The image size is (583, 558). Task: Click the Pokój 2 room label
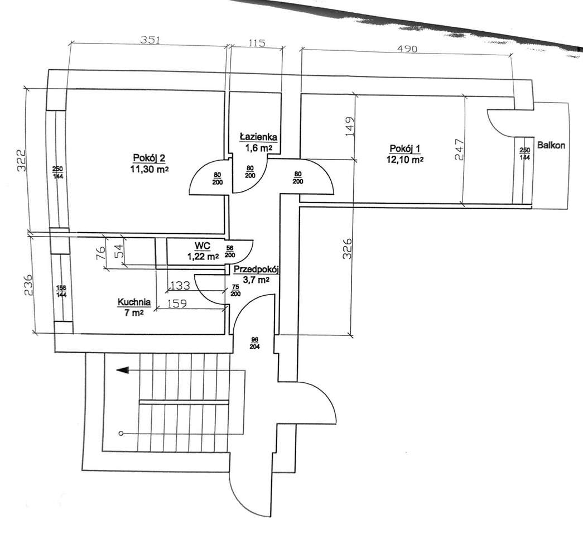[149, 158]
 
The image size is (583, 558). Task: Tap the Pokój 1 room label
[405, 149]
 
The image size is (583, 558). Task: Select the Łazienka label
[258, 137]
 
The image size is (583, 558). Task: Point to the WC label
[203, 246]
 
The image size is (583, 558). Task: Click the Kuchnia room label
[134, 302]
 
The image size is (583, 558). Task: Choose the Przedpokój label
[257, 270]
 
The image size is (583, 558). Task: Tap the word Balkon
[551, 145]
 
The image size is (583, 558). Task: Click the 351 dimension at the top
[150, 40]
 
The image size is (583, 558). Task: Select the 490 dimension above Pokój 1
[407, 49]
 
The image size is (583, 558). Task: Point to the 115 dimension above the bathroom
[257, 43]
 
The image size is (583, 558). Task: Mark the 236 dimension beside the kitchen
[28, 285]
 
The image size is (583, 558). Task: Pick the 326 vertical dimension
[346, 248]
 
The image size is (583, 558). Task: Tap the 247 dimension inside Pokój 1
[460, 149]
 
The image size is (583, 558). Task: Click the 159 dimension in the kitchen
[177, 304]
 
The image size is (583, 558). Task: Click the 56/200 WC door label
[230, 252]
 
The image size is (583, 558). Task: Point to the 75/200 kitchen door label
[235, 290]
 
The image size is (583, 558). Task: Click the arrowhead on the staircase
[123, 370]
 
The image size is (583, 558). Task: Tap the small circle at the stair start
[121, 434]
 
